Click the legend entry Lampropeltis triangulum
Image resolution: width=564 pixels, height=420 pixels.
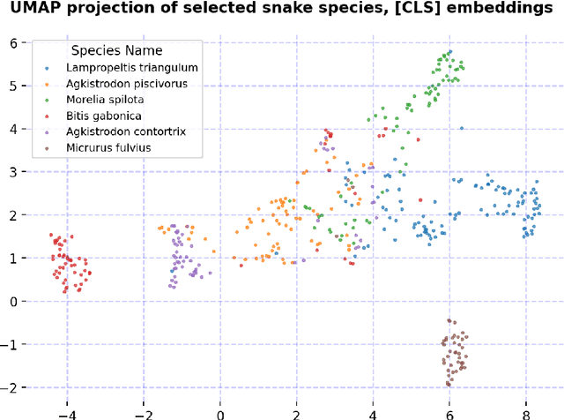pos(132,68)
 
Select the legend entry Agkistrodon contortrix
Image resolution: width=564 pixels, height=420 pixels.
pos(130,131)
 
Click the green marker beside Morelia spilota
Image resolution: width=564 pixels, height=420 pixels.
pos(48,100)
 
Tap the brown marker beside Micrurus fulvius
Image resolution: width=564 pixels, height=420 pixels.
pos(48,147)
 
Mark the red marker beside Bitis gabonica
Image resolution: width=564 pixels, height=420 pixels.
pos(48,116)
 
